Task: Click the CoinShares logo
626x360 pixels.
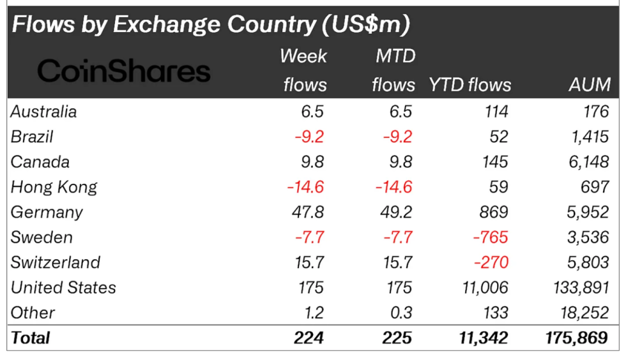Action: click(x=123, y=71)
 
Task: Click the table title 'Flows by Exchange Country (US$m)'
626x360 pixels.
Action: click(x=211, y=25)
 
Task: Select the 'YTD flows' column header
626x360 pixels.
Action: click(x=469, y=85)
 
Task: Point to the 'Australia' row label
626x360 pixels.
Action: click(x=43, y=112)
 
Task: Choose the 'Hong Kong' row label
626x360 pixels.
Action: click(x=54, y=187)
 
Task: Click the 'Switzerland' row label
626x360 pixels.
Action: click(x=56, y=262)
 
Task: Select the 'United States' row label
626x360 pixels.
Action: click(x=63, y=288)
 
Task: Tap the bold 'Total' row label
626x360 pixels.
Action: click(x=30, y=338)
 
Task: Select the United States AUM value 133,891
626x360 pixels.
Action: click(x=581, y=288)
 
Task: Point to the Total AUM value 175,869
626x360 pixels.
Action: click(x=577, y=338)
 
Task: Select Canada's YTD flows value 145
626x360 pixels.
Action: click(x=496, y=162)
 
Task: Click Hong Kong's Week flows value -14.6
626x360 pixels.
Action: click(x=305, y=187)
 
